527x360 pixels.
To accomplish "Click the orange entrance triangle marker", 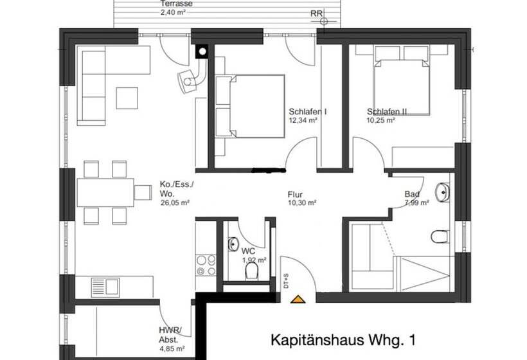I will click(297, 298).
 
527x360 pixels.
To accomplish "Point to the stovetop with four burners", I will click(205, 265).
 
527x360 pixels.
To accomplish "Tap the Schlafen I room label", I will click(307, 111).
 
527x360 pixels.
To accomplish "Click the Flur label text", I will click(295, 194).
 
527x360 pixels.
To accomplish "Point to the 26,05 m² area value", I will click(174, 203).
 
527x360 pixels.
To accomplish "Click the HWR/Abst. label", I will click(170, 335).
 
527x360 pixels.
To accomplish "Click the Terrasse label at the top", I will click(176, 3).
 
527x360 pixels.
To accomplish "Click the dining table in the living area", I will click(105, 192).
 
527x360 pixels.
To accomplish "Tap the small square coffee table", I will click(127, 97).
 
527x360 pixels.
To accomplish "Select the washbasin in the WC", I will click(233, 244).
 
